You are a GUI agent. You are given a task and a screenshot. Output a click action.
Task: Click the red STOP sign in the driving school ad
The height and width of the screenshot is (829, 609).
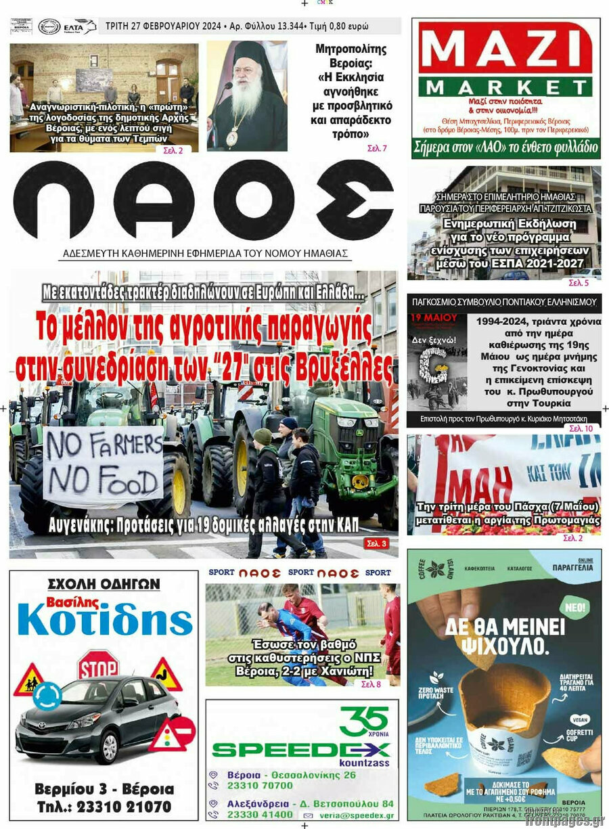pos(98,665)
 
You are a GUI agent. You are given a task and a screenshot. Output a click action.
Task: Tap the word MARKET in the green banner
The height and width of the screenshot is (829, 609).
pos(505,87)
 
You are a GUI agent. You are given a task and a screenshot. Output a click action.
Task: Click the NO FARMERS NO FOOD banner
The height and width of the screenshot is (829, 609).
pos(104,466)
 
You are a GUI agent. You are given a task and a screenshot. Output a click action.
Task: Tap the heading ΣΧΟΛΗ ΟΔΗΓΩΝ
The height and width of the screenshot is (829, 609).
pos(104,583)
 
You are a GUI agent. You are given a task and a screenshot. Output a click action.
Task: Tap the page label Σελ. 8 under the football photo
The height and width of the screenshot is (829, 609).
pos(371,684)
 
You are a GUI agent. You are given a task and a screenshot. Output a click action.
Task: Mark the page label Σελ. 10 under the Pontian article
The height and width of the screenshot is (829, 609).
pos(581,428)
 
